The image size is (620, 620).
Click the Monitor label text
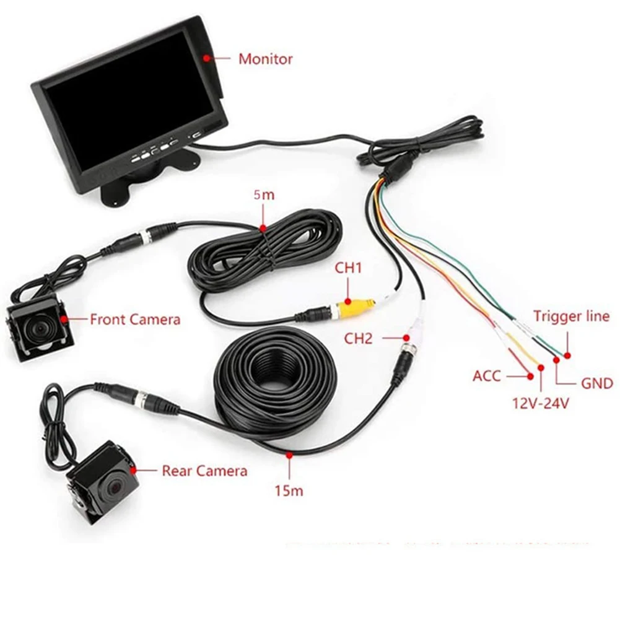266,59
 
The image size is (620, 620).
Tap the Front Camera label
135,320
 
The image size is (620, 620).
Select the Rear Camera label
204,471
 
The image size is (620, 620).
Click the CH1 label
348,268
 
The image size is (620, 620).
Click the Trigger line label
571,317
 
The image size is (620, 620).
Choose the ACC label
486,375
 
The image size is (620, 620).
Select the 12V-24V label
541,403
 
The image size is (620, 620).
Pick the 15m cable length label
289,491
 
